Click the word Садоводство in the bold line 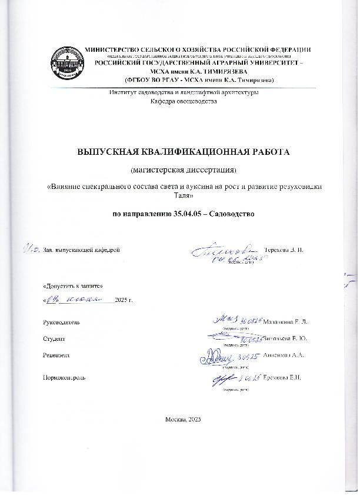pos(234,212)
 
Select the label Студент pos(54,339)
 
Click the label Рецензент pos(56,356)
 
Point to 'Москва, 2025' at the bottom pos(184,418)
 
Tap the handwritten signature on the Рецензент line pos(216,355)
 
